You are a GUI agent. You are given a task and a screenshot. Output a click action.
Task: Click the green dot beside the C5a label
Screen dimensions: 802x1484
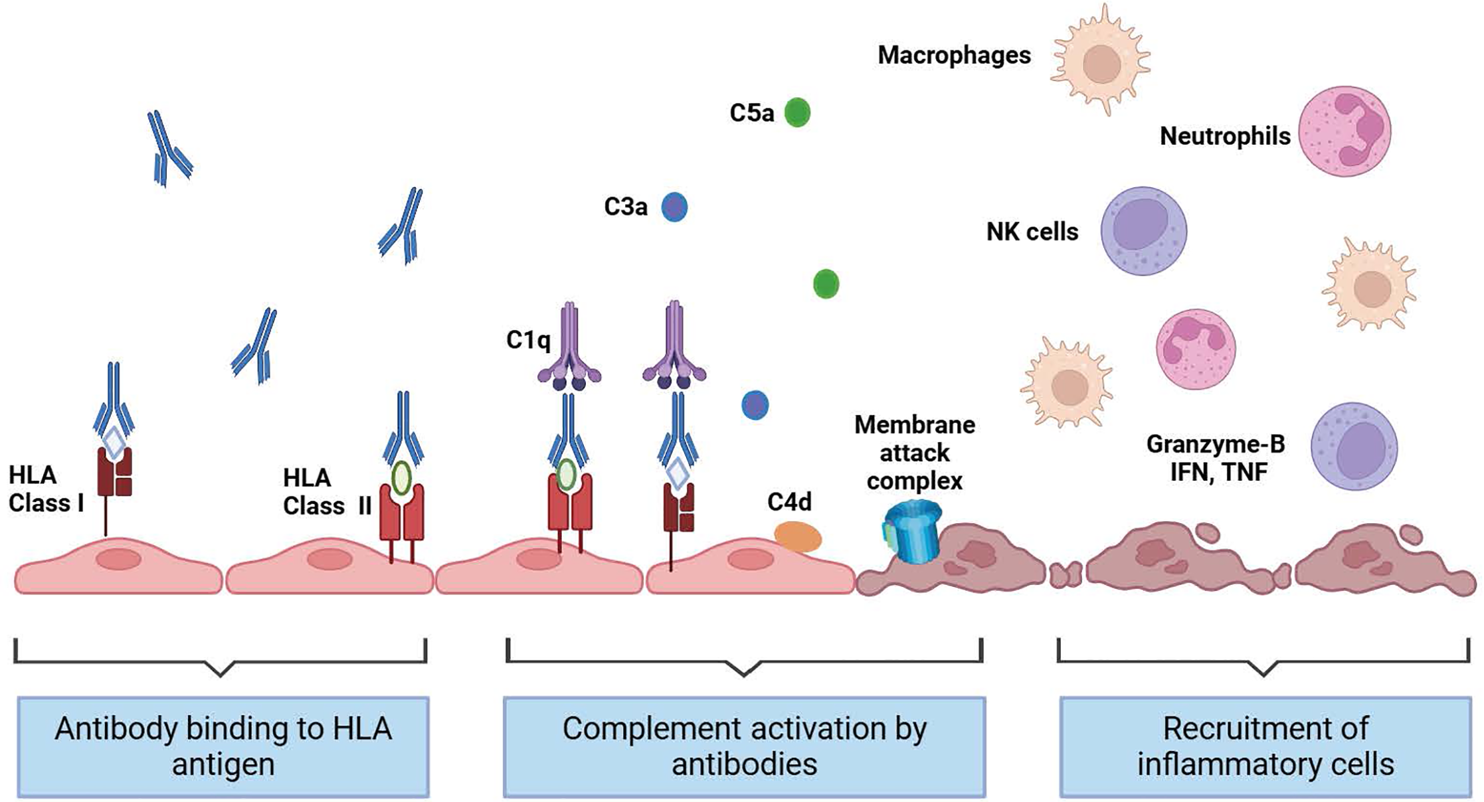coord(797,112)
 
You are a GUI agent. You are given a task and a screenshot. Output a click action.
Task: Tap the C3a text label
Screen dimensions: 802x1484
coord(625,207)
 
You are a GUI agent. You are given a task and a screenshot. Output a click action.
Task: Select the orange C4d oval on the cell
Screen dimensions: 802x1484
coord(797,536)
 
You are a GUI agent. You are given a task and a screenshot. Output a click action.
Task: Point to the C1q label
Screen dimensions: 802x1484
coord(528,340)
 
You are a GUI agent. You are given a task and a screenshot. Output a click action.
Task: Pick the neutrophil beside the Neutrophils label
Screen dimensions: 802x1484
coord(1345,131)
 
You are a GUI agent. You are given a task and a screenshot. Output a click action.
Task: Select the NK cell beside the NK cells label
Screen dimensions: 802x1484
coord(1143,230)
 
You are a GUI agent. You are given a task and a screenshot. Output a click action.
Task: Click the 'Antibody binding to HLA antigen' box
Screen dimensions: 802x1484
coord(223,746)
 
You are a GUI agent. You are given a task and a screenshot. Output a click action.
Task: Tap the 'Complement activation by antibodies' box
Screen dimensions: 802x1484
coord(744,746)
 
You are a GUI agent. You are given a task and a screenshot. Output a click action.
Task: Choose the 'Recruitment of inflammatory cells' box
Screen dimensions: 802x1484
coord(1265,746)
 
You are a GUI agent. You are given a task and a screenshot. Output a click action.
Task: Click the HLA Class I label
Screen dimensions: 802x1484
coord(45,489)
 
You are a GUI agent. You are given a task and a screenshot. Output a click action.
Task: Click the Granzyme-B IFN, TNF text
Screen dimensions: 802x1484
coord(1215,457)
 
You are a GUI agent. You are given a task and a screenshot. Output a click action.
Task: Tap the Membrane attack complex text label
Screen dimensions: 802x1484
coord(914,452)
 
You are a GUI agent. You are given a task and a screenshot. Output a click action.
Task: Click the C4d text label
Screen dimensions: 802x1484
coord(789,502)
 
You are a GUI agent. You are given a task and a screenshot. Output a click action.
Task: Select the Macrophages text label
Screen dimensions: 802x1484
coord(954,55)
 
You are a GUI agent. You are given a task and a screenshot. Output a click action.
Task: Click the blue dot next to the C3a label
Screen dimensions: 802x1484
coord(674,207)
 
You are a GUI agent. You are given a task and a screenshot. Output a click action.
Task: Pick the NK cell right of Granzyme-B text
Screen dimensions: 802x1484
coord(1354,447)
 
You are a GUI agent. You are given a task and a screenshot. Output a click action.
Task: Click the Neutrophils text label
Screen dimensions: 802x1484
coord(1224,136)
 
